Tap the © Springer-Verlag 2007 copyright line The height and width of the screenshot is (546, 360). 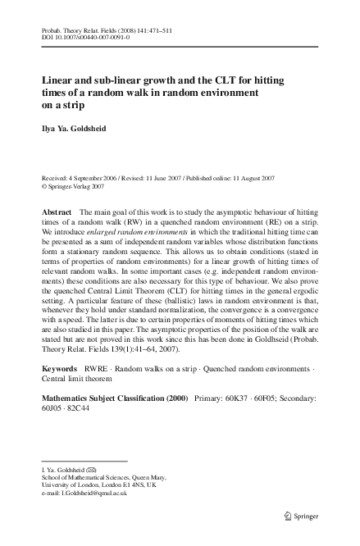pyautogui.click(x=72, y=185)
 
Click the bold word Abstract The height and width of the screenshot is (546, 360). pyautogui.click(x=57, y=212)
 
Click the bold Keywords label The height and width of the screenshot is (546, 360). pyautogui.click(x=61, y=369)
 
